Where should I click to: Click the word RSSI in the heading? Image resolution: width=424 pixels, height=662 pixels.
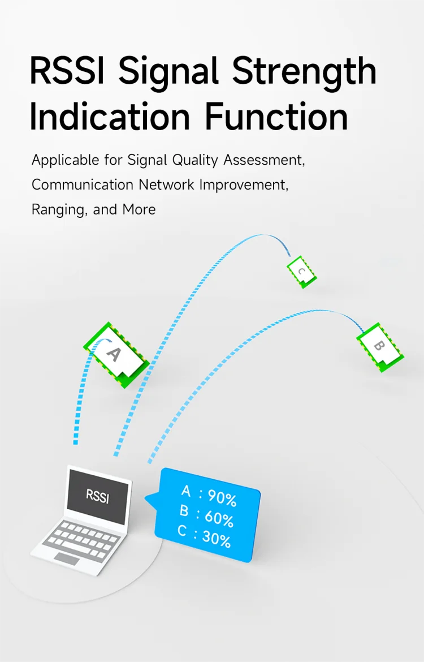click(67, 71)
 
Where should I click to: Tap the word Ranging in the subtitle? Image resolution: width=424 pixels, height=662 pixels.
click(59, 210)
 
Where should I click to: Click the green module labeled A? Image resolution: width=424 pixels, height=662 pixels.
click(115, 355)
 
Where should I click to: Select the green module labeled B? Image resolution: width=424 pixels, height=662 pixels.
click(380, 347)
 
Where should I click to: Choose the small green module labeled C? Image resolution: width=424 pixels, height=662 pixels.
click(301, 272)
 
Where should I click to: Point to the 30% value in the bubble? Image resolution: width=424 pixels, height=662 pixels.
click(217, 539)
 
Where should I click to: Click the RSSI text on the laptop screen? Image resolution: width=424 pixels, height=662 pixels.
click(97, 496)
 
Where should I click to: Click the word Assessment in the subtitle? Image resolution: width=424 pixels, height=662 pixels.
click(264, 161)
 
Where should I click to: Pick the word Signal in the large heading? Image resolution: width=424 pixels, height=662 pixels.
click(168, 72)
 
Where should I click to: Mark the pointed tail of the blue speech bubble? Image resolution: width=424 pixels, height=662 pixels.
click(146, 500)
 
